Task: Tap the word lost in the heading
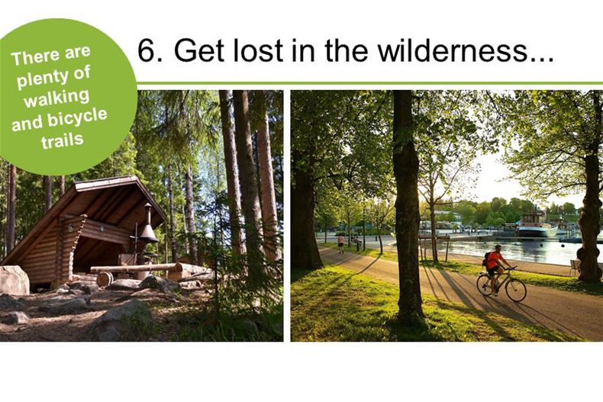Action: [258, 50]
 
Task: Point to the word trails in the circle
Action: [63, 140]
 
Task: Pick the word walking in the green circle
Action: [56, 98]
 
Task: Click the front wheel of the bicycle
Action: [516, 290]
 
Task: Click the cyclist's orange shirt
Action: [493, 259]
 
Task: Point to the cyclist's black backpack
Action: [485, 259]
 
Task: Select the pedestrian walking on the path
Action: [340, 243]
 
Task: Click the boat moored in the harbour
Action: [537, 226]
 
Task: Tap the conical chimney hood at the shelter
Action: [147, 230]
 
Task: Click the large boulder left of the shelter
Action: [15, 280]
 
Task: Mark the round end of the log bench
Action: [104, 279]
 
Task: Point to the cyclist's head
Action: [498, 248]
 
